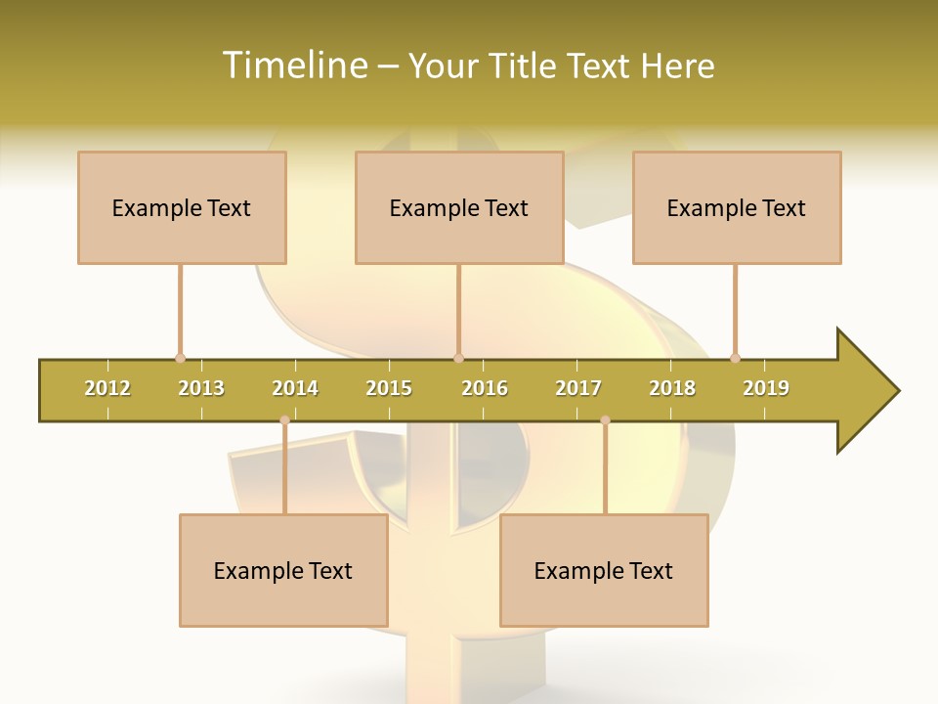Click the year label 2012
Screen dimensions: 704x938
(x=107, y=388)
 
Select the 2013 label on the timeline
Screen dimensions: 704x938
(x=201, y=388)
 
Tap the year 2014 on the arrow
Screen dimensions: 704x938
(x=295, y=388)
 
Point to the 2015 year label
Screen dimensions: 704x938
(x=389, y=388)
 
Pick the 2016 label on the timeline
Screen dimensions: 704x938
(x=485, y=388)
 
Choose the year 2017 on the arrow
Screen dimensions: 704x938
(x=578, y=388)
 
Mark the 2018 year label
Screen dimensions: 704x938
(x=672, y=388)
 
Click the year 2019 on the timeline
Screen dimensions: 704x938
(x=766, y=388)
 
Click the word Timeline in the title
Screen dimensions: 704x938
(x=293, y=66)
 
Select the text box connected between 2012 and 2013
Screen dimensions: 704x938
(x=182, y=207)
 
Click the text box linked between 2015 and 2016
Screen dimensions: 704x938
(x=459, y=207)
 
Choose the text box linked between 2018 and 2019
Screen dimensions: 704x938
(x=737, y=207)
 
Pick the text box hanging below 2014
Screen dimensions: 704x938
(x=283, y=570)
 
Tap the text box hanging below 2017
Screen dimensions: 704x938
(x=604, y=570)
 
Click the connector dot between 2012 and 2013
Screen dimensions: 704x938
(x=180, y=358)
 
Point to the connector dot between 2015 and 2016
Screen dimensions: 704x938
(x=458, y=358)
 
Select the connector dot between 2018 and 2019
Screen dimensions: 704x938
(x=735, y=358)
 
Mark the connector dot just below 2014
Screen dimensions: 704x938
(x=284, y=420)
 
